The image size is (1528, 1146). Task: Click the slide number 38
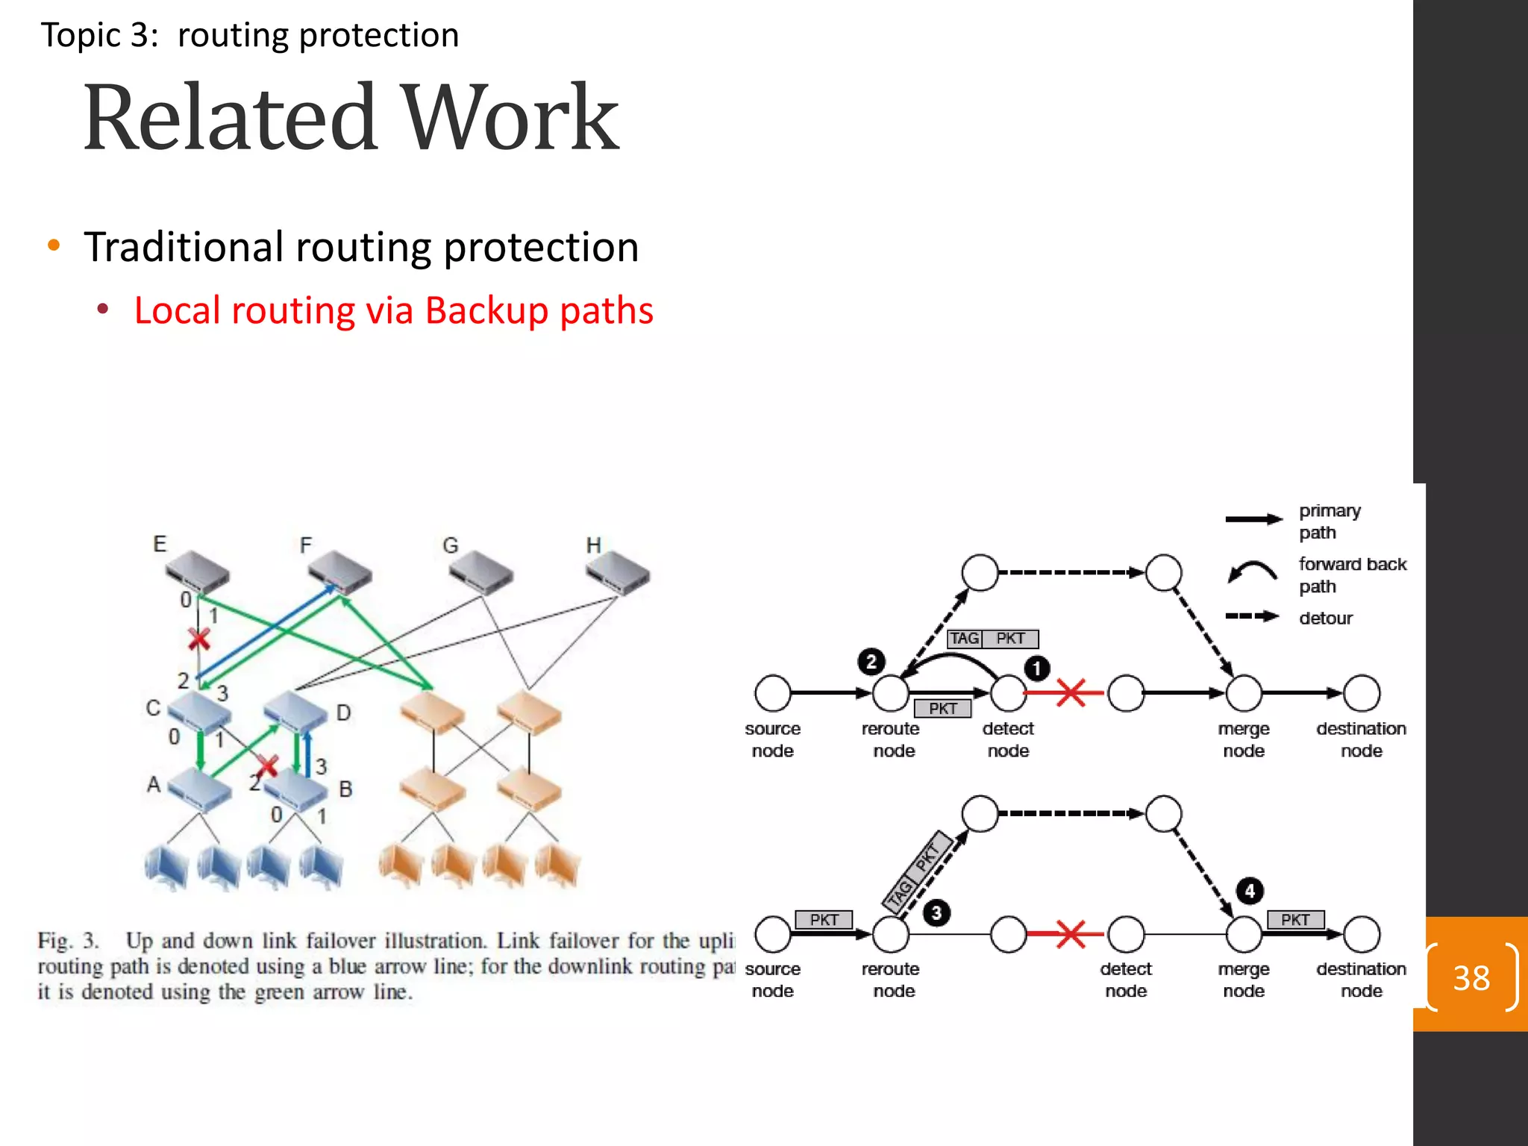point(1471,977)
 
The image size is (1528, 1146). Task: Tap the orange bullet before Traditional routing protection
point(53,246)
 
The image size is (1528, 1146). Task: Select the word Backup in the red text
point(486,310)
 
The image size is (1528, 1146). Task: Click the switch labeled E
point(195,572)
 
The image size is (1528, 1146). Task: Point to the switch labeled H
point(618,572)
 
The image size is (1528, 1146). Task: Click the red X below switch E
point(198,639)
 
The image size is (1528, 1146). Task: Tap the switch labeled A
point(198,789)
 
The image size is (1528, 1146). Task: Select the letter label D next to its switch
point(343,713)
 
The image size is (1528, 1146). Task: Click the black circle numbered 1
point(1036,668)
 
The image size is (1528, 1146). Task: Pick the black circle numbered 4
point(1250,891)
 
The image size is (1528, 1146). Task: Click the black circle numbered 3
point(936,912)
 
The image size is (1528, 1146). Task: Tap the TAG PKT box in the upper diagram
point(992,639)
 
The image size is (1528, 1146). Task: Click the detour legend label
point(1325,618)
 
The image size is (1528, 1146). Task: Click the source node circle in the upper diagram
point(772,693)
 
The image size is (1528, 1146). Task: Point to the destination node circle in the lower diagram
point(1362,934)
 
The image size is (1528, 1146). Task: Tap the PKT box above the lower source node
point(824,919)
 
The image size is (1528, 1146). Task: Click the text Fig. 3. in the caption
point(68,941)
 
